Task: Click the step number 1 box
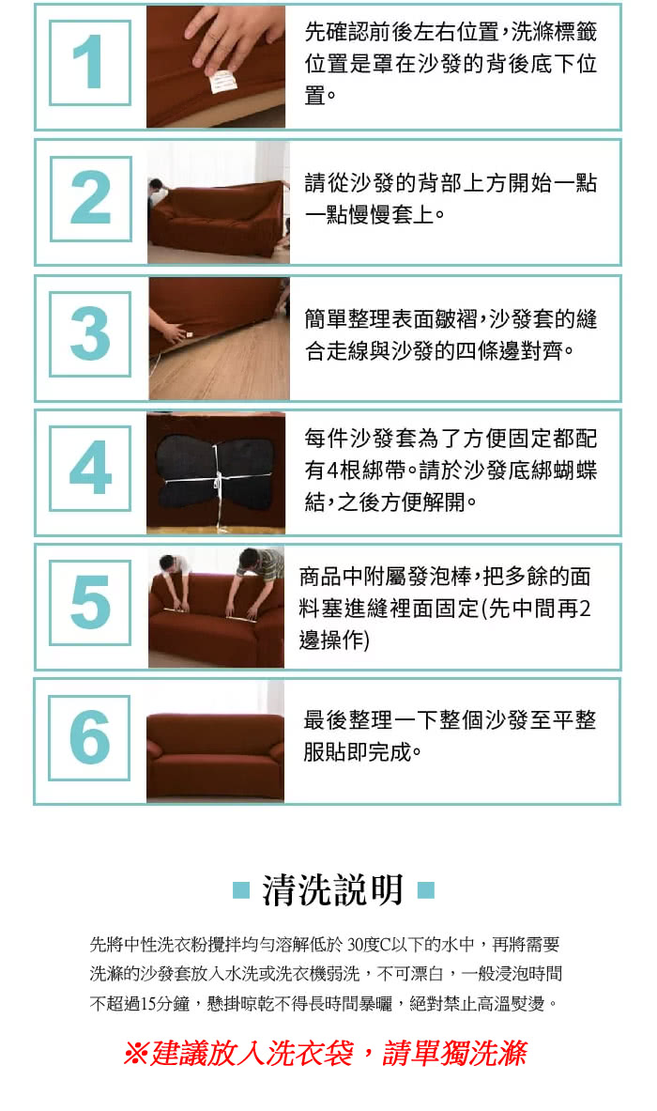coord(90,63)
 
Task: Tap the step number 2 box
coord(91,199)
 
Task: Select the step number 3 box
coord(90,333)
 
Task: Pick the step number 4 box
coord(90,469)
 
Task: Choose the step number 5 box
coord(90,603)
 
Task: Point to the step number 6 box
coord(89,737)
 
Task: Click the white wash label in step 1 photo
coord(222,80)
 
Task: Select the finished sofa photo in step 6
coord(215,741)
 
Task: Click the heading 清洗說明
coord(333,890)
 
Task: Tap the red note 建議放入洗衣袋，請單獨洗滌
coord(326,1054)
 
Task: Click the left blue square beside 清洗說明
coord(241,890)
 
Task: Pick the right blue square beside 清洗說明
coord(425,890)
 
